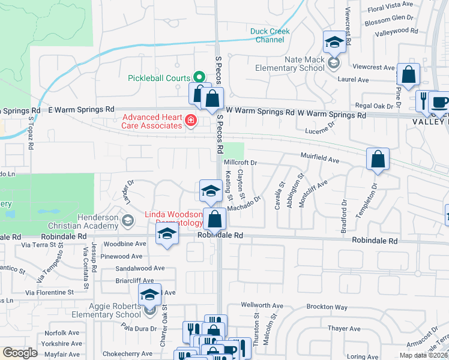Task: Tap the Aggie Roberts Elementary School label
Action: click(103, 310)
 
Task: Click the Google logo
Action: click(20, 353)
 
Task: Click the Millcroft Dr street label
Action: click(240, 163)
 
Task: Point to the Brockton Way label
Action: click(327, 307)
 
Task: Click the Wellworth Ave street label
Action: click(261, 305)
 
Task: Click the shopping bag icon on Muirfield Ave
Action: click(378, 160)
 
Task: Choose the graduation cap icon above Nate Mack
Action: click(334, 42)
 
